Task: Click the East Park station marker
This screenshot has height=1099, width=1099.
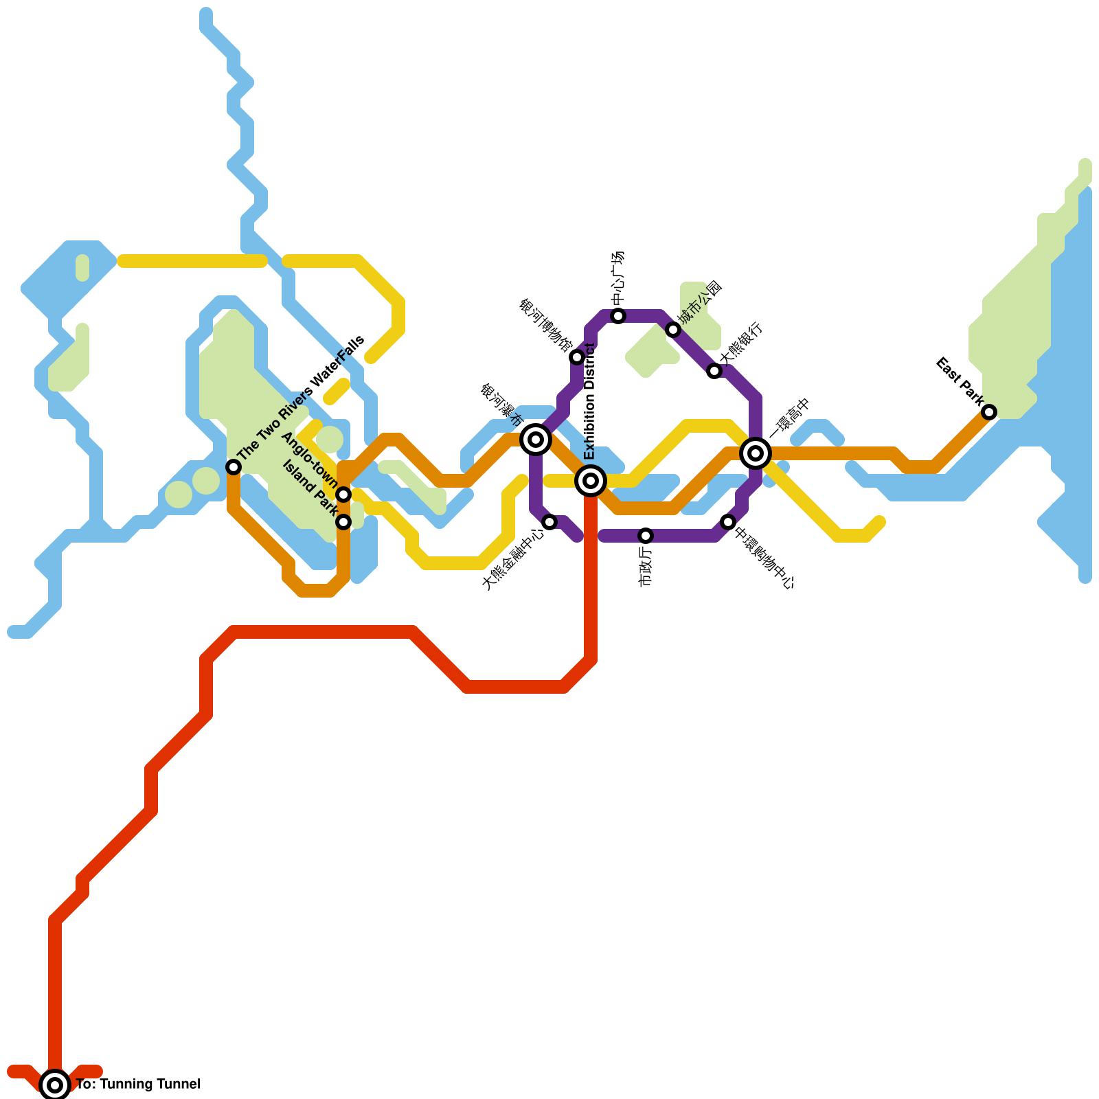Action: (989, 412)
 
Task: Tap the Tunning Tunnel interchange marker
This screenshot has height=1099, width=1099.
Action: (55, 1085)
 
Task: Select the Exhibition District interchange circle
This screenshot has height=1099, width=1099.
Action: (591, 481)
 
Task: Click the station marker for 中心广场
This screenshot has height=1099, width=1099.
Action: (618, 316)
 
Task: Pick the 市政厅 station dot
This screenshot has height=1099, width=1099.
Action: (646, 536)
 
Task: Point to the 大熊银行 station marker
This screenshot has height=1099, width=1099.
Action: (714, 371)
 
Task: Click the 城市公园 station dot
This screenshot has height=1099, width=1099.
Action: (673, 330)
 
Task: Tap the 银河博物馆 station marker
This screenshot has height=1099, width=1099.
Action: (577, 357)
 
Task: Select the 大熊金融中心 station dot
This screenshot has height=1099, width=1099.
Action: (549, 522)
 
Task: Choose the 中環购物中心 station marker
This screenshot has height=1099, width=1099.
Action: (728, 522)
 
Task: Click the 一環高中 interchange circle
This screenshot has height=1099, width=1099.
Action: (756, 453)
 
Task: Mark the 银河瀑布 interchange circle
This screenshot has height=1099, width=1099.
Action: (536, 440)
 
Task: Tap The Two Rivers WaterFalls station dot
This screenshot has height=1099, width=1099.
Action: (234, 467)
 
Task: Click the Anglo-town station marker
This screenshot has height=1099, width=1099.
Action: (344, 495)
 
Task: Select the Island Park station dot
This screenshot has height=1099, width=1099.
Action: (344, 522)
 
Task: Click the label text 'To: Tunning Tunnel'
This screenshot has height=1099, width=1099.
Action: (138, 1085)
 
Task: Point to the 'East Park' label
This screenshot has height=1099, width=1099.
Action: (960, 381)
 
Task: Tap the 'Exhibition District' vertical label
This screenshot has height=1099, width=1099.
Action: (589, 402)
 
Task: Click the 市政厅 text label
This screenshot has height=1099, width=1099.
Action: (645, 565)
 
